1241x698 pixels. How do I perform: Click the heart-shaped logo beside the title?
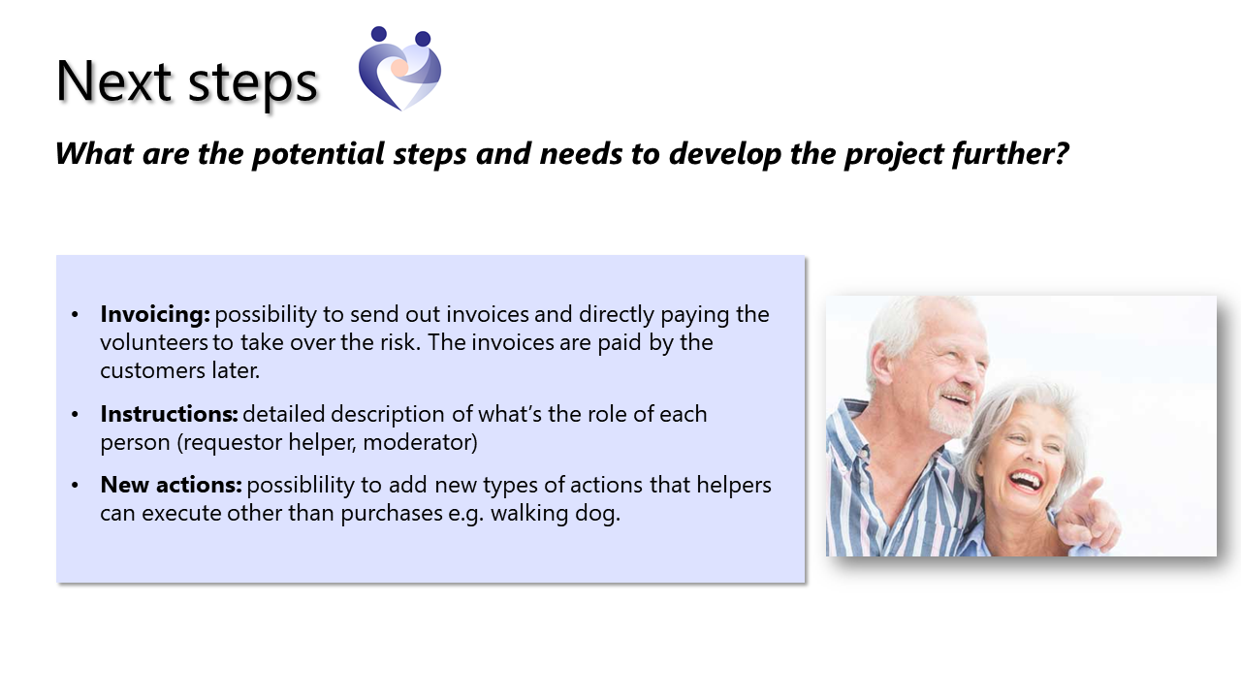click(x=399, y=68)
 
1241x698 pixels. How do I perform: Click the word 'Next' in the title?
click(x=113, y=81)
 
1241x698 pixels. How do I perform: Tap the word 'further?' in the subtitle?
click(x=1010, y=153)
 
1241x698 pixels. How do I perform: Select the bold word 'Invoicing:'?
click(x=155, y=315)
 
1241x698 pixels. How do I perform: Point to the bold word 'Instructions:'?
click(x=169, y=414)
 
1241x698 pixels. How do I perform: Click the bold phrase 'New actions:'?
click(x=172, y=485)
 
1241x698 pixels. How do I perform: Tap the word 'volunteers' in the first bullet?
click(x=154, y=342)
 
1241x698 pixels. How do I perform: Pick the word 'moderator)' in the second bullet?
click(x=420, y=442)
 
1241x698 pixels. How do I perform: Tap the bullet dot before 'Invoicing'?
click(x=75, y=315)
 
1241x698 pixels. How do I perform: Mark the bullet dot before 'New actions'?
click(x=75, y=486)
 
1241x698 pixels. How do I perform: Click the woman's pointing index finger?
click(x=1090, y=489)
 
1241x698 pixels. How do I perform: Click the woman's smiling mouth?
click(x=1027, y=481)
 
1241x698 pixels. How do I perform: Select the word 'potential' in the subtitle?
click(x=317, y=153)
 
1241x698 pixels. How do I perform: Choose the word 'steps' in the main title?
click(x=253, y=83)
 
